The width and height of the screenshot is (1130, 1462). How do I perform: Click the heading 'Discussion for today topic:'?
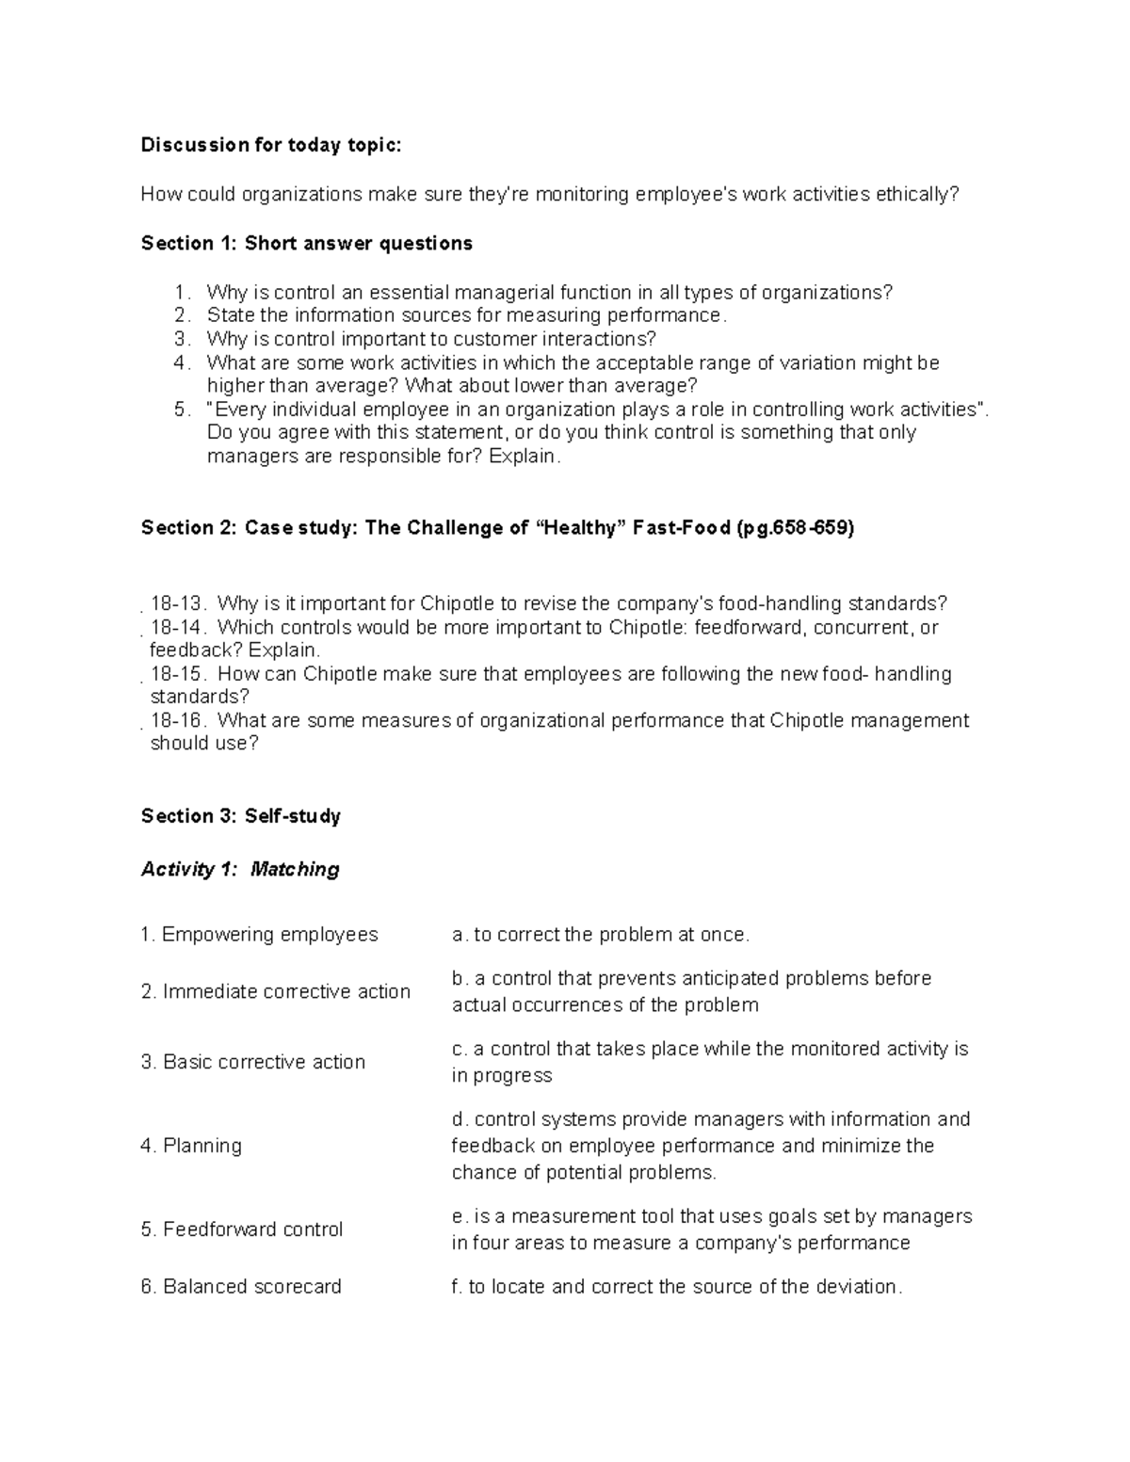tap(270, 145)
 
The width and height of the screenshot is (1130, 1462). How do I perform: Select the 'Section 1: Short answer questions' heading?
tap(306, 244)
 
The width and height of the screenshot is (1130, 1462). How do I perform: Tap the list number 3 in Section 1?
tap(182, 339)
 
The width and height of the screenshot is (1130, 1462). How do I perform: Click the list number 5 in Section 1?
tap(182, 410)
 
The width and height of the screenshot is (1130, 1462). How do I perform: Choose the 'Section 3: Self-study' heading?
tap(240, 816)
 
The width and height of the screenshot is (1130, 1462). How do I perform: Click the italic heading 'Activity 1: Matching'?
tap(239, 869)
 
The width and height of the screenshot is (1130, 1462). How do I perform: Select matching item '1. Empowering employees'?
tap(259, 935)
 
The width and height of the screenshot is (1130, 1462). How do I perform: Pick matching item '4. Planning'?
tap(191, 1146)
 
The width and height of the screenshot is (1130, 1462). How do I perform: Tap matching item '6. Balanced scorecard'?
tap(240, 1287)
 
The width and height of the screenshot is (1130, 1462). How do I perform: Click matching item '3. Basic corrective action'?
tap(252, 1062)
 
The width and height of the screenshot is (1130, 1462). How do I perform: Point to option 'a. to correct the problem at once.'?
tap(601, 935)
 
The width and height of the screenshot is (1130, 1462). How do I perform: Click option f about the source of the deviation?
tap(676, 1287)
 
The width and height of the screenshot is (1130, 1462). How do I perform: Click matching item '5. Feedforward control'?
tap(241, 1229)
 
